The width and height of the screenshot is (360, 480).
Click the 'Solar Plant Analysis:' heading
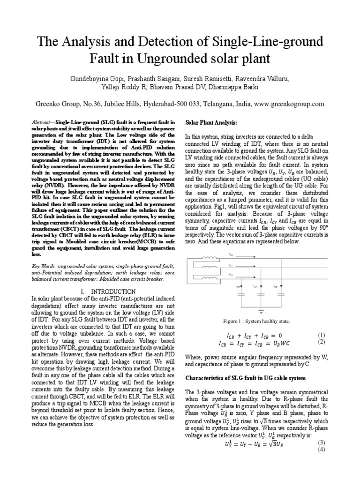click(212, 122)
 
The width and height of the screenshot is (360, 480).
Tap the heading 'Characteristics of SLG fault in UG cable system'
click(246, 377)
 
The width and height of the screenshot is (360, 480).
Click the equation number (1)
click(322, 335)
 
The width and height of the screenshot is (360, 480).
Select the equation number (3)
click(322, 442)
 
